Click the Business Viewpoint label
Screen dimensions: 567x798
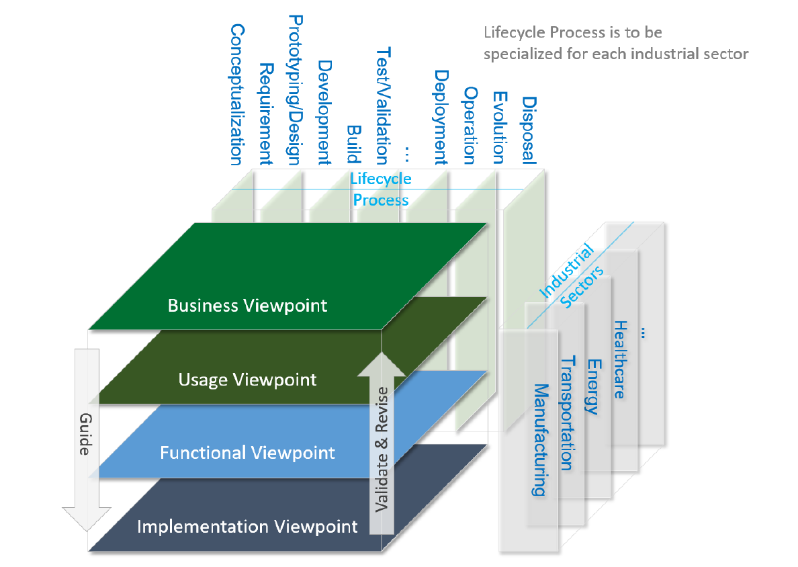tap(247, 306)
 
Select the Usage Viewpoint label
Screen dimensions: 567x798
tap(247, 380)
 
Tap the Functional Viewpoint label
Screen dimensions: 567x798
tap(247, 453)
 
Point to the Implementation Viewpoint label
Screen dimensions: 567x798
tap(247, 526)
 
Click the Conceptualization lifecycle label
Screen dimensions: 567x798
tap(236, 95)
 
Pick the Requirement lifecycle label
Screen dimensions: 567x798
tap(265, 114)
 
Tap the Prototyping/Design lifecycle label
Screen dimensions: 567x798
tap(294, 90)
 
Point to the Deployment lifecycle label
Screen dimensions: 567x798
tap(441, 117)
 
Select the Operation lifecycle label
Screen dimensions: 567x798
tap(470, 125)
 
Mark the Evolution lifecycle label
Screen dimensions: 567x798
tap(498, 128)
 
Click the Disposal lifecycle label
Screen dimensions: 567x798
tap(529, 130)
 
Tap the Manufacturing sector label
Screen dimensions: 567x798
tap(539, 439)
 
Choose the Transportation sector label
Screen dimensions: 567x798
tap(567, 412)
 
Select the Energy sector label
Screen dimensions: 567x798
tap(592, 386)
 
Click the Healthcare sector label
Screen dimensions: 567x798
tap(619, 359)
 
